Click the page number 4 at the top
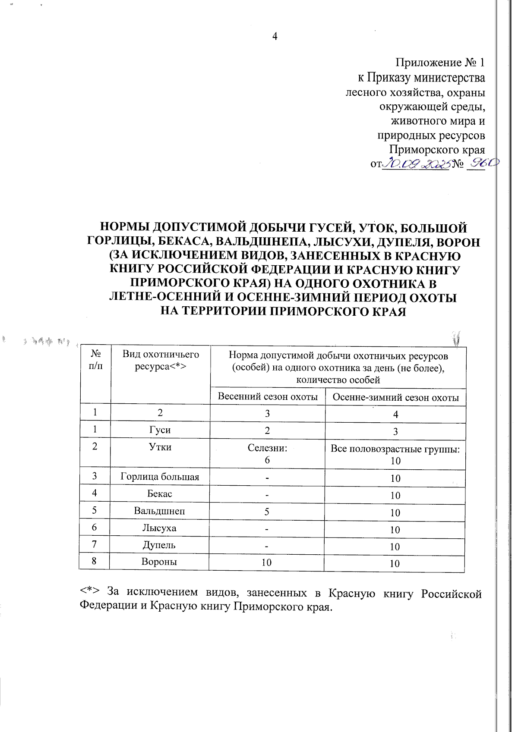pos(275,36)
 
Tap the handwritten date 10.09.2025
pos(417,163)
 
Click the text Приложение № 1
pos(440,63)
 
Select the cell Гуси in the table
pos(160,430)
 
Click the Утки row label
pos(160,447)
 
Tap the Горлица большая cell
pos(160,477)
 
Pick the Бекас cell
pos(160,493)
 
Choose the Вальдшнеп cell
pos(159,511)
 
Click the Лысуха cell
pos(159,528)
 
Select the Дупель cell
pos(159,544)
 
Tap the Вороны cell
pos(159,562)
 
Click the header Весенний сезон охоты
pos(268,396)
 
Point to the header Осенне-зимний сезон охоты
pos(395,397)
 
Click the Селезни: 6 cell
pos(267,453)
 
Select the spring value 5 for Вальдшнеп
pos(267,512)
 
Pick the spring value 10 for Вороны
pos(266,562)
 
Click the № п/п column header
pos(95,360)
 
